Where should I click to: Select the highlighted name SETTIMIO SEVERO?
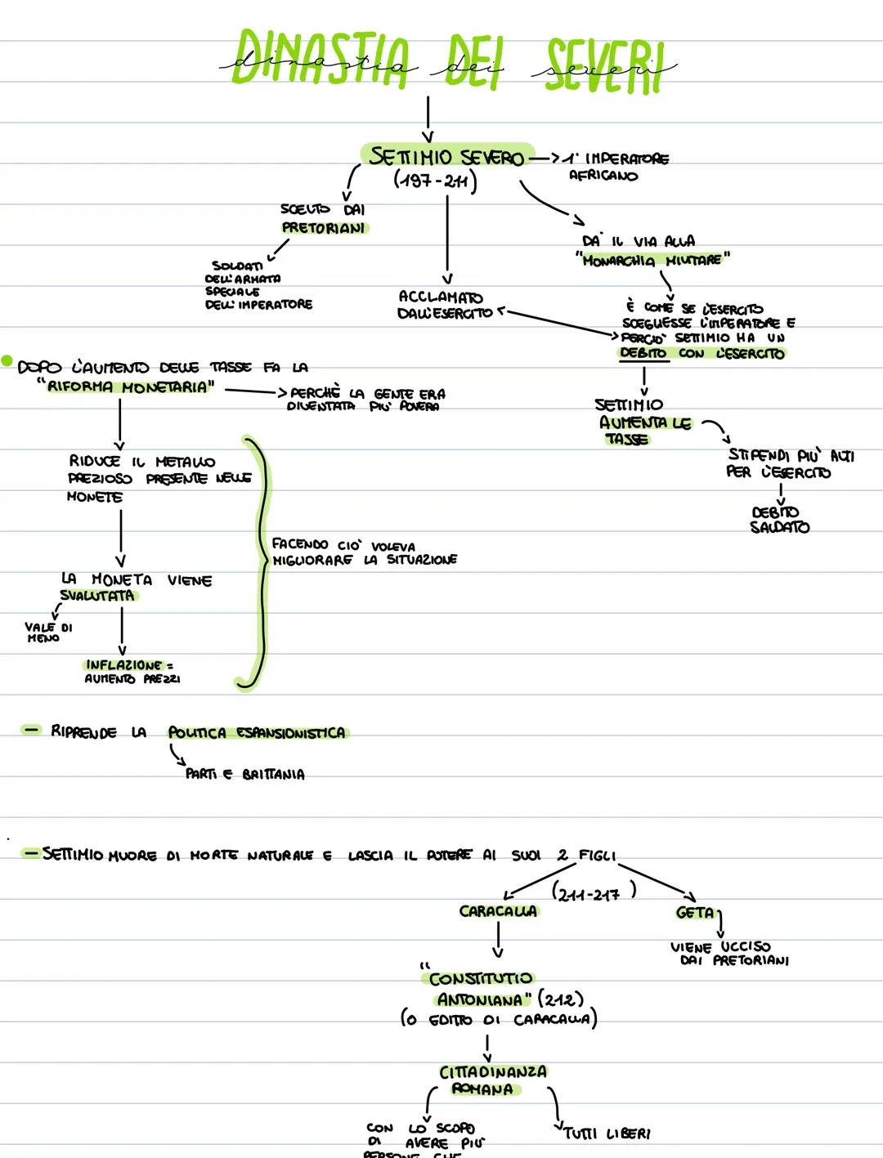pyautogui.click(x=446, y=157)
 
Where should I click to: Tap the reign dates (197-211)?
pyautogui.click(x=434, y=181)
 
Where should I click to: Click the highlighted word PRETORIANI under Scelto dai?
pyautogui.click(x=324, y=228)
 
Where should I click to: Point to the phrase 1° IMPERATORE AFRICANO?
pyautogui.click(x=618, y=167)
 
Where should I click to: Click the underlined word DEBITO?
pyautogui.click(x=644, y=354)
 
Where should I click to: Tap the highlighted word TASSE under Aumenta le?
pyautogui.click(x=627, y=440)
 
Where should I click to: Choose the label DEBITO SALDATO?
pyautogui.click(x=779, y=520)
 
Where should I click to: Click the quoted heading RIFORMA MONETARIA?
pyautogui.click(x=126, y=387)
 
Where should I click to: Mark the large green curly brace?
pyautogui.click(x=258, y=562)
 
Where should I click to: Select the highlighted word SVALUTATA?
pyautogui.click(x=97, y=596)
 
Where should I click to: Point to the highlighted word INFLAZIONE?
pyautogui.click(x=123, y=665)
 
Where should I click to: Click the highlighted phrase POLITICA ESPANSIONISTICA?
pyautogui.click(x=257, y=733)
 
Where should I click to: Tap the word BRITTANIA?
pyautogui.click(x=273, y=775)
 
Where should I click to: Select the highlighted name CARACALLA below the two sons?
pyautogui.click(x=498, y=911)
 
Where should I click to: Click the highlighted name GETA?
pyautogui.click(x=696, y=913)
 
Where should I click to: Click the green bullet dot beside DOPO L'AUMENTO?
pyautogui.click(x=7, y=360)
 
